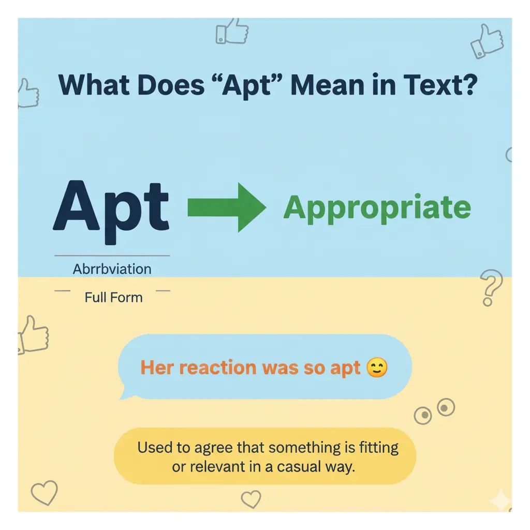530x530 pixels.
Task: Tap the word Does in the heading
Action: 176,86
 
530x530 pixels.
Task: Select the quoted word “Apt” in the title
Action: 246,86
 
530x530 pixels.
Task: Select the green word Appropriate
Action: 377,208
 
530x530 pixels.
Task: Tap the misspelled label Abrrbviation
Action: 112,269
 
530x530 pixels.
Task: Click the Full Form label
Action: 113,298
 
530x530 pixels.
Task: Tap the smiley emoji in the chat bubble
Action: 376,368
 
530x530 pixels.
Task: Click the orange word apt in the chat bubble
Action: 345,369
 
